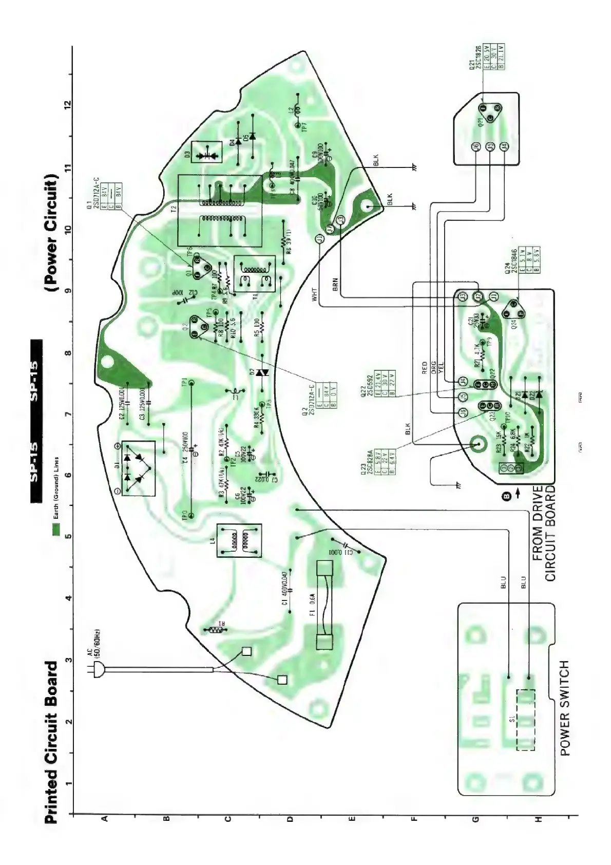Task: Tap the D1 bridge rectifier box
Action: pos(135,468)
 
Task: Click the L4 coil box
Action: pos(239,540)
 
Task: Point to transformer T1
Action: pos(255,274)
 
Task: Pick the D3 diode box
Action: pos(206,153)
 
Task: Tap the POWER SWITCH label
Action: pos(565,708)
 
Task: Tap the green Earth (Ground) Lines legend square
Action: pos(56,529)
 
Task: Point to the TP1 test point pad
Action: pos(192,383)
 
